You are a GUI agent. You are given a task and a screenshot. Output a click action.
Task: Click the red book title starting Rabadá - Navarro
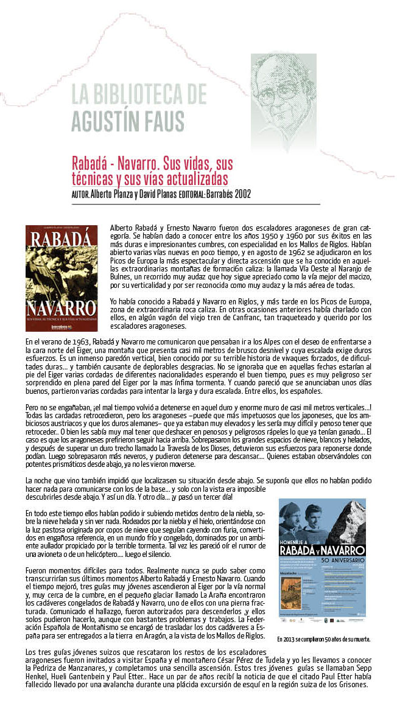click(x=152, y=171)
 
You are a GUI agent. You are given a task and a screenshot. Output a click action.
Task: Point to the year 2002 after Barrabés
click(x=238, y=194)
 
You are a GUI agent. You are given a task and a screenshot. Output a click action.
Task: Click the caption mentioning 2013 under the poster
click(x=323, y=640)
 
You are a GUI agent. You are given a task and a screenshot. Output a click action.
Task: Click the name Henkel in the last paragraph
click(x=38, y=676)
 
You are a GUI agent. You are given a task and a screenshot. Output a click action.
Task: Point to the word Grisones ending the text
click(x=352, y=684)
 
